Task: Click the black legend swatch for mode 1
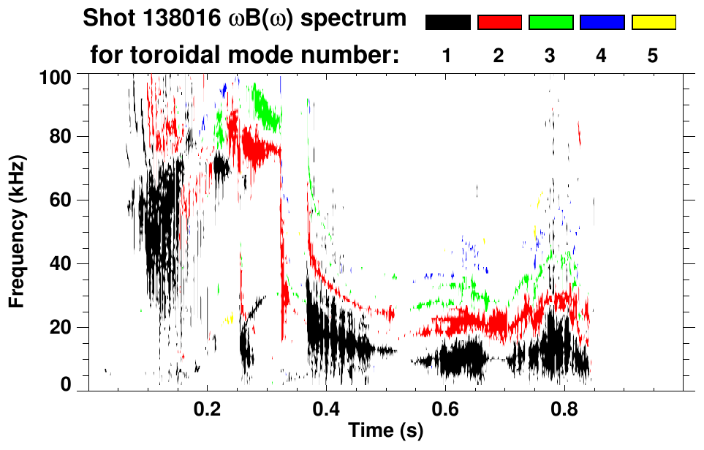point(447,23)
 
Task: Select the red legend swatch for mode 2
point(499,23)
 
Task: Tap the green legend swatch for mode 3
point(550,23)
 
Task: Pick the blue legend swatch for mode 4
point(602,23)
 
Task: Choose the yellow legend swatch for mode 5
point(653,23)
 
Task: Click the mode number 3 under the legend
point(550,56)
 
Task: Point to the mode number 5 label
point(653,56)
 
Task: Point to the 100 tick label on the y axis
point(56,76)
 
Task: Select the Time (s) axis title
point(385,431)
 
